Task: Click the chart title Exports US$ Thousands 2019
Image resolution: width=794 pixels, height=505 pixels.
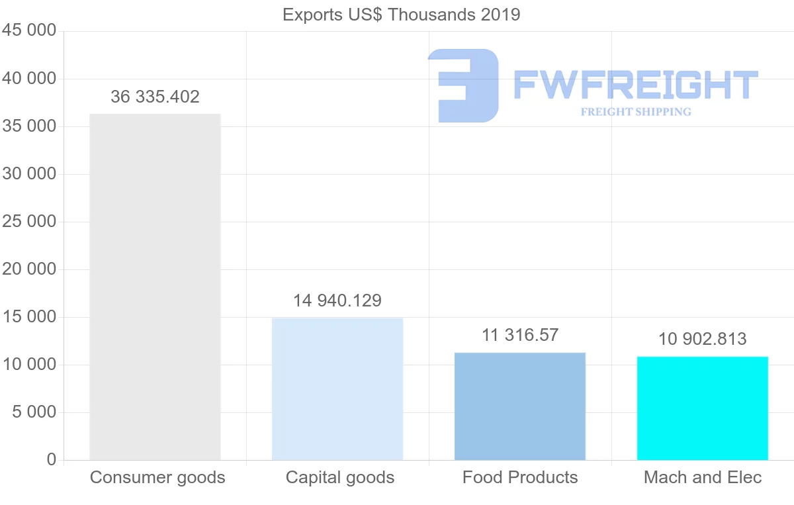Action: click(401, 15)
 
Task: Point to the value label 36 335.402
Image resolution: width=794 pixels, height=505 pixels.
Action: click(155, 97)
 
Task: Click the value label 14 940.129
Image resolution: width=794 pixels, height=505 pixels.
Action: click(337, 300)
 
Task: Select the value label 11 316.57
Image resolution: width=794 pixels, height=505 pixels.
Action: click(520, 335)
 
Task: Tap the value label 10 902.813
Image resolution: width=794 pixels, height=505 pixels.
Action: click(702, 339)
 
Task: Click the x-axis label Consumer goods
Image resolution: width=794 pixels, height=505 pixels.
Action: click(157, 477)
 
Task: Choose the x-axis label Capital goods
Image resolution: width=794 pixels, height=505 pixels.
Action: click(340, 477)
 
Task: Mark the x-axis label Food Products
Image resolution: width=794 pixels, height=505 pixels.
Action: click(520, 477)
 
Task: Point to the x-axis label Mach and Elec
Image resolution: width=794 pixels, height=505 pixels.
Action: click(703, 477)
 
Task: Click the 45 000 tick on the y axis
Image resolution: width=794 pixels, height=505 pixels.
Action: click(28, 31)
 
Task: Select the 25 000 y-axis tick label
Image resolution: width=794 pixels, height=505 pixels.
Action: click(28, 222)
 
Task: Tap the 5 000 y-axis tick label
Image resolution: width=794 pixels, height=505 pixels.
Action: click(33, 412)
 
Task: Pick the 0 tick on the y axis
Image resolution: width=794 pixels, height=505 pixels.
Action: click(52, 460)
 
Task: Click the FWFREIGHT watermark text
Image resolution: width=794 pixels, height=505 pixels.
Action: click(635, 85)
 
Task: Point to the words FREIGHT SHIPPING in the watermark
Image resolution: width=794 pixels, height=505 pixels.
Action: click(636, 112)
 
